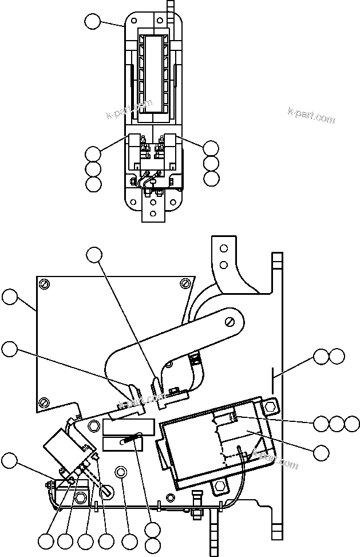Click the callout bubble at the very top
92,22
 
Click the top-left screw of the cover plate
43,283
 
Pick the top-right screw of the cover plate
184,283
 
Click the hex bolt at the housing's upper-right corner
271,407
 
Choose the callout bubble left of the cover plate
9,297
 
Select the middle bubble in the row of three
337,424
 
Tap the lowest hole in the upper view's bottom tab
154,214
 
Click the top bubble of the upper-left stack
93,153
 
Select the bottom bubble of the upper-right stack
211,177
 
